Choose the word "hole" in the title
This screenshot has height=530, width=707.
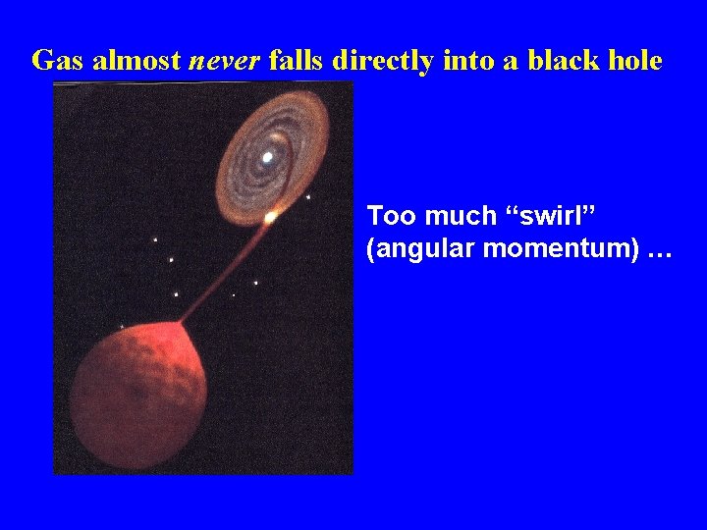[634, 61]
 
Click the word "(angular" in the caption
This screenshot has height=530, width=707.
[411, 250]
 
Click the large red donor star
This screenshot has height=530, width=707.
[137, 393]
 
